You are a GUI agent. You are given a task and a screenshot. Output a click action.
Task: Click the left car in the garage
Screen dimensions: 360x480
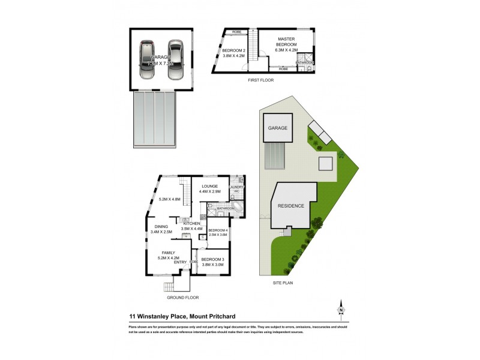point(148,59)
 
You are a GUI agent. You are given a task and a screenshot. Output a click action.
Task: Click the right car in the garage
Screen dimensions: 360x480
point(175,59)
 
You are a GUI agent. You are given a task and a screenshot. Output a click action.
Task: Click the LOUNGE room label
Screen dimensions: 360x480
point(209,186)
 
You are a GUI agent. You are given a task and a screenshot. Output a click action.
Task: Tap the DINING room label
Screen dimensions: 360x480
point(160,226)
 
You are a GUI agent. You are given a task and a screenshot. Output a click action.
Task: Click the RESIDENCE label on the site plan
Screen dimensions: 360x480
point(290,206)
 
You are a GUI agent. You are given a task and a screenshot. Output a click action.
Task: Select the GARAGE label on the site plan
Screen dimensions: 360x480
point(277,128)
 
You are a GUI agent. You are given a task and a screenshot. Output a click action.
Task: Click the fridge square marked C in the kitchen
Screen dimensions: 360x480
point(203,236)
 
